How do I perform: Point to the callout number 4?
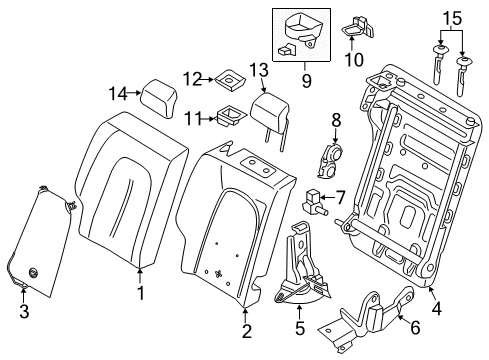click(x=434, y=291)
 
